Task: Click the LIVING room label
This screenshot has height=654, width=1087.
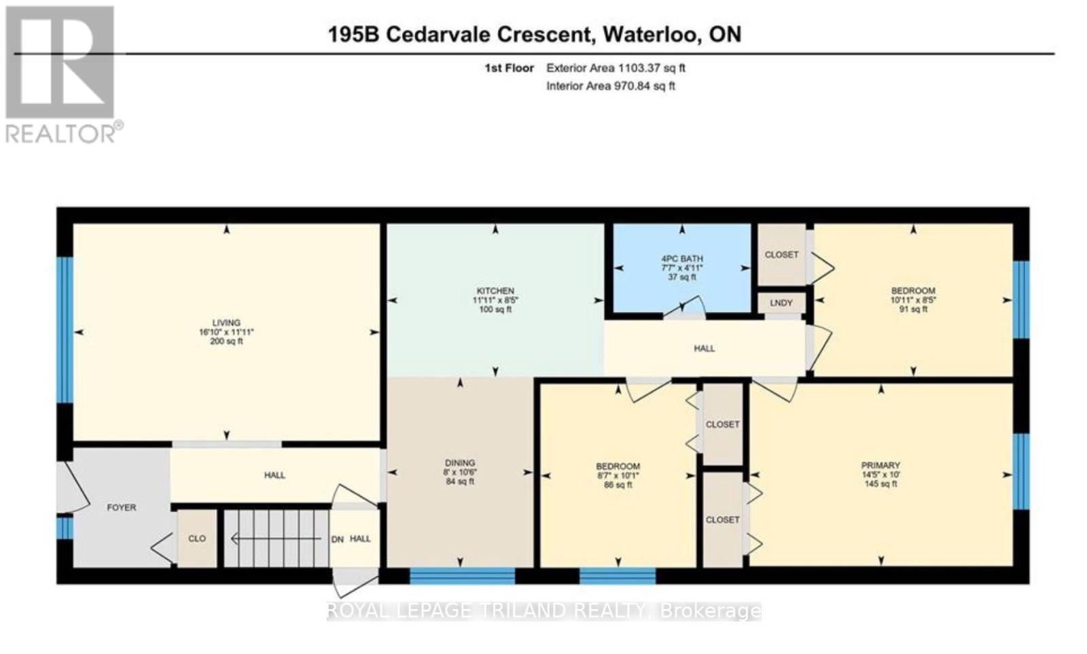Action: (x=226, y=323)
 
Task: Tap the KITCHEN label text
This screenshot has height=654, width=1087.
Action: (x=495, y=291)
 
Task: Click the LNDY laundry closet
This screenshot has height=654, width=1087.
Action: (x=781, y=303)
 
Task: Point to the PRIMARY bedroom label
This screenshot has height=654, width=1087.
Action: (x=880, y=466)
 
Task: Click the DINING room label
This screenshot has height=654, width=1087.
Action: (x=460, y=463)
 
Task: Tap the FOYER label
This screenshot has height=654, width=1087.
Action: (x=122, y=507)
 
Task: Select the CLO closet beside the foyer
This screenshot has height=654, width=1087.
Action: (x=197, y=538)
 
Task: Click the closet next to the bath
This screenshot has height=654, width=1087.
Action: (x=781, y=254)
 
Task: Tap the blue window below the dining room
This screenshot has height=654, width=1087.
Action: (x=463, y=576)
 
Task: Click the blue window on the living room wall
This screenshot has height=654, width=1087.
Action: (x=64, y=330)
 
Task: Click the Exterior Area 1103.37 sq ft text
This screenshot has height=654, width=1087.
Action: (x=616, y=68)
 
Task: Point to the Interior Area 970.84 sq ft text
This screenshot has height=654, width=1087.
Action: (x=610, y=86)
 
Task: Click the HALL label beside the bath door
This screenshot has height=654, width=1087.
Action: (x=704, y=348)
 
